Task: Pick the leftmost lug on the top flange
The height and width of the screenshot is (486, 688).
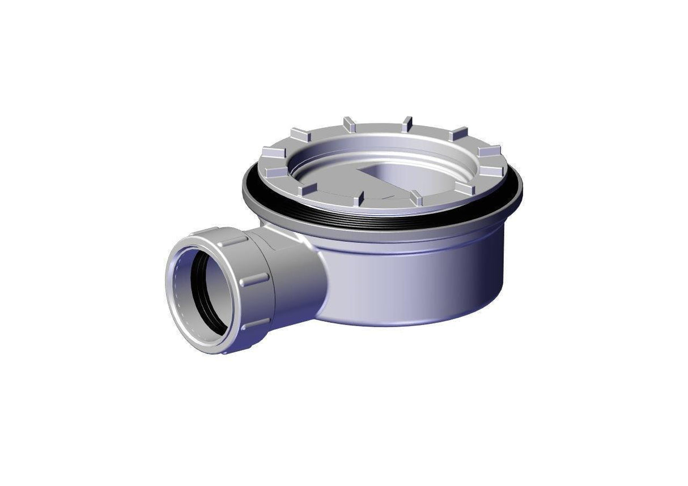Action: coord(271,152)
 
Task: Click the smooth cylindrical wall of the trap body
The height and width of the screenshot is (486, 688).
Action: coord(419,283)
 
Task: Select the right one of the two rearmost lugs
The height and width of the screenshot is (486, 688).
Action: coord(406,123)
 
